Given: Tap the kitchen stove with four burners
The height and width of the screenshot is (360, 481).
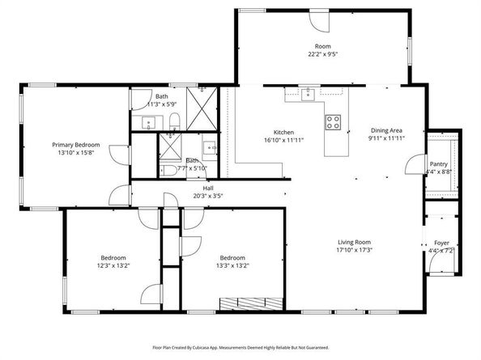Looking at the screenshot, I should tap(332, 123).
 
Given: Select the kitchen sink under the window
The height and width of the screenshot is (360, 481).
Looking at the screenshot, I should tap(307, 94).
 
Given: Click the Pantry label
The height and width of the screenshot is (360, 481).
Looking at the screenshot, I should tap(438, 163).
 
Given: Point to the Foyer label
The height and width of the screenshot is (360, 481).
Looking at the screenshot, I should tap(441, 242).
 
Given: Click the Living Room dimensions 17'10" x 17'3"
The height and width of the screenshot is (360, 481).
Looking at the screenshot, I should tap(354, 250).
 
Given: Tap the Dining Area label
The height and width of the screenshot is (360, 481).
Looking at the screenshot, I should tap(386, 130).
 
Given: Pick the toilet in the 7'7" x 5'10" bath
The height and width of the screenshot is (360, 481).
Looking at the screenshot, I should tap(170, 169).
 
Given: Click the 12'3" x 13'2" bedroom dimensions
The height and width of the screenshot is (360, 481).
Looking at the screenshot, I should tap(114, 265).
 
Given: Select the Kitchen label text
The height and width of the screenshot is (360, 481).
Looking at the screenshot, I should tap(283, 132).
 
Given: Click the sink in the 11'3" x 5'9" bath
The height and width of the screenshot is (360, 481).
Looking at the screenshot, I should tap(150, 124).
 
